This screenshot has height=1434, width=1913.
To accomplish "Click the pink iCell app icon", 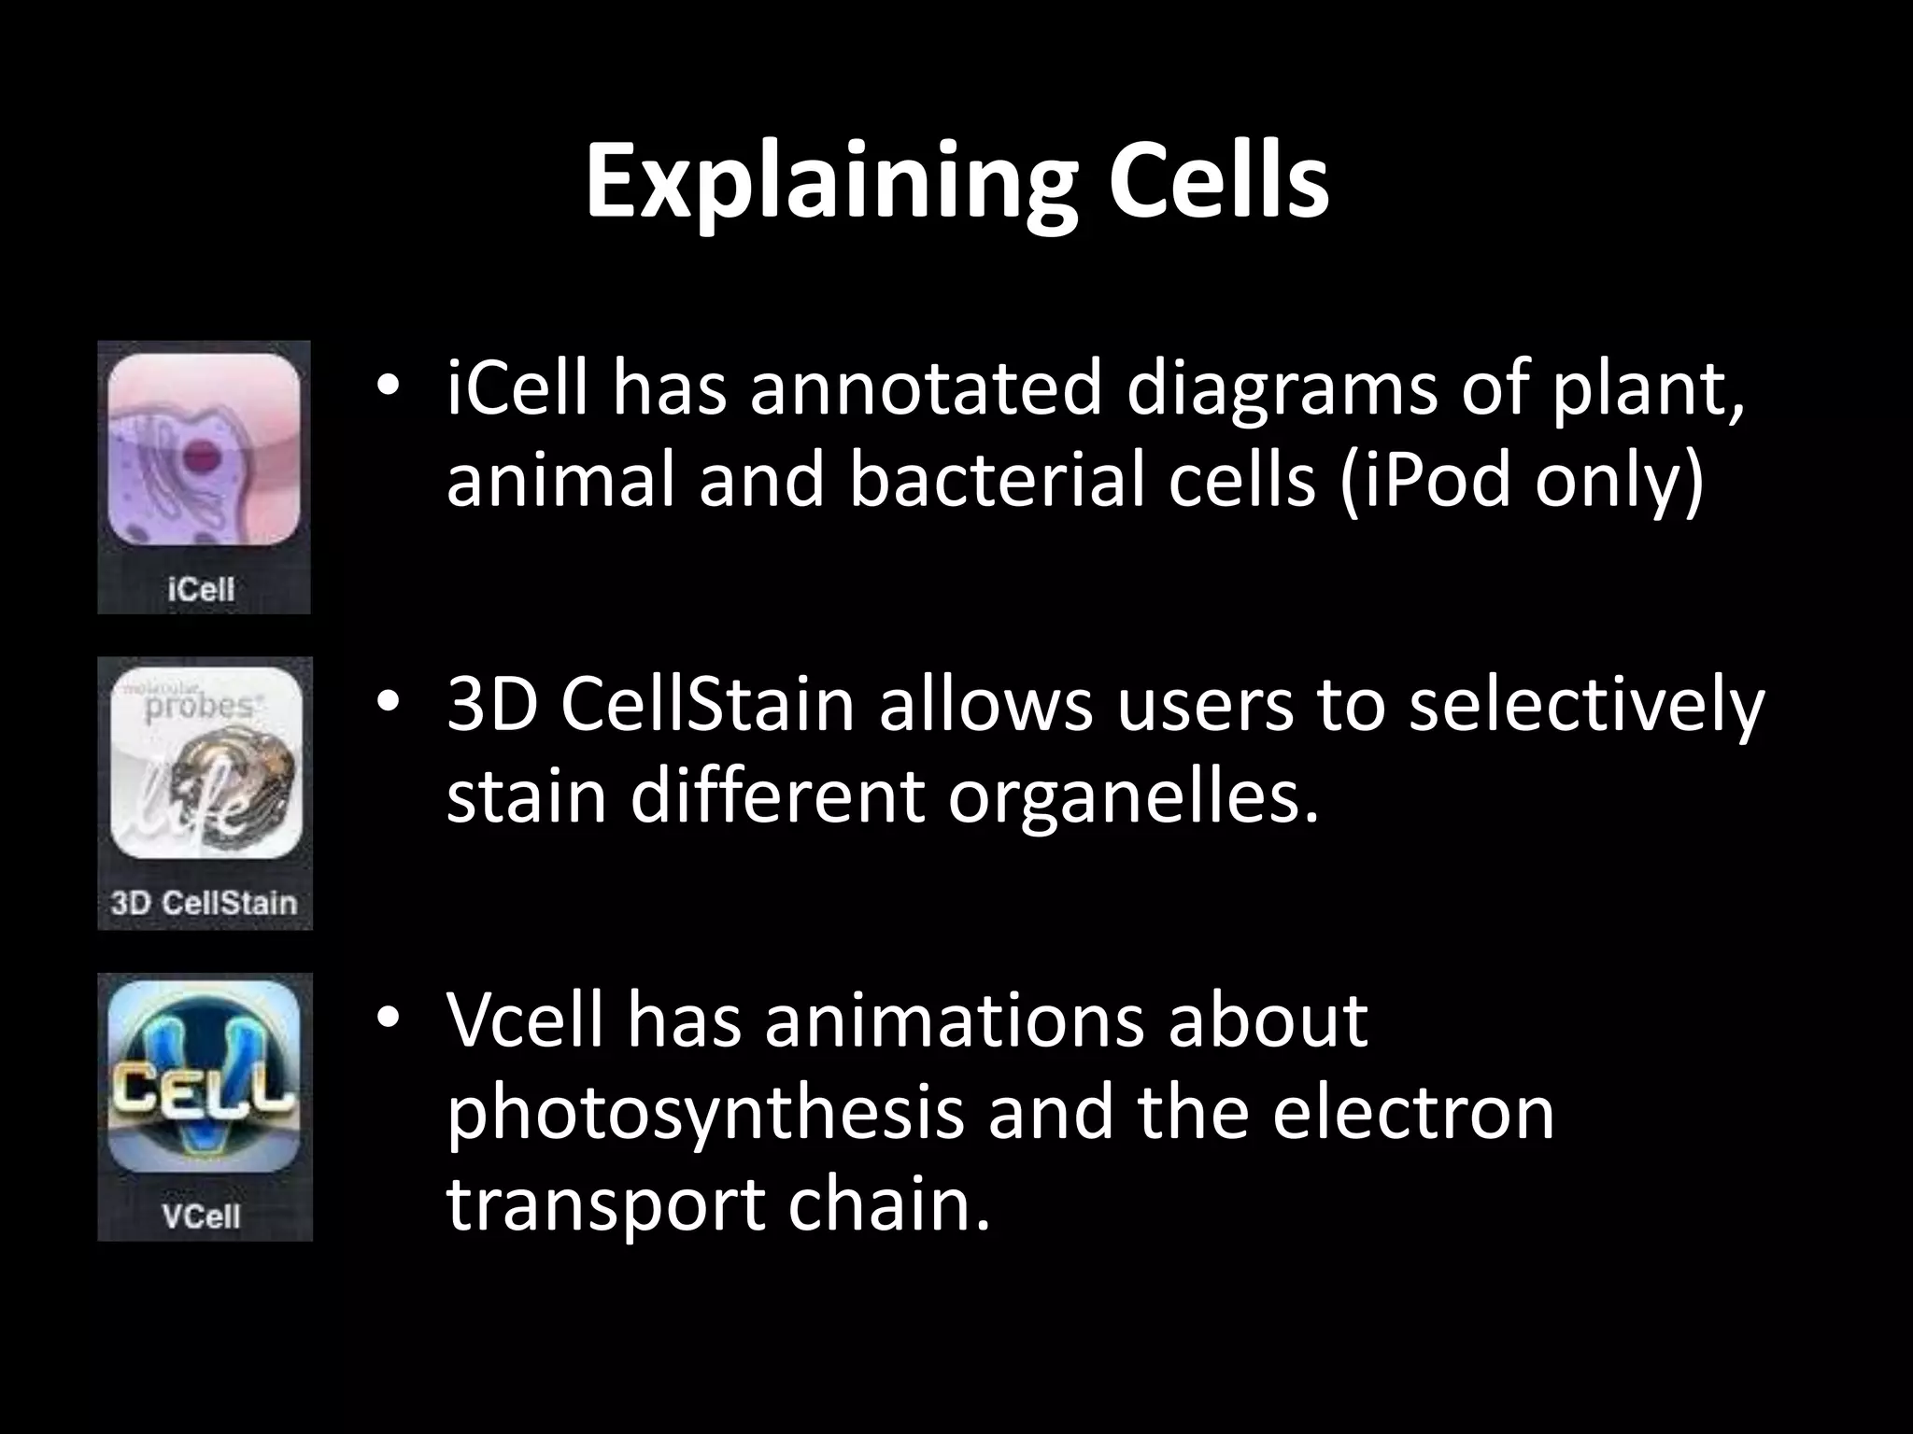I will point(204,450).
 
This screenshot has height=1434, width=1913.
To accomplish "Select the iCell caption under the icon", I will point(201,590).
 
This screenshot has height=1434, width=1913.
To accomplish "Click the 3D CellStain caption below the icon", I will point(204,904).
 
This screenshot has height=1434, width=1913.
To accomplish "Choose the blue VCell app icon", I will point(204,1075).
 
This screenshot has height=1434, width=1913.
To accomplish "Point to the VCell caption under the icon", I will point(201,1216).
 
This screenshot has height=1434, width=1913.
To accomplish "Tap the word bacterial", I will point(998,482).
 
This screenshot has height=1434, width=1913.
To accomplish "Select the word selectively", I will point(1586,706).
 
